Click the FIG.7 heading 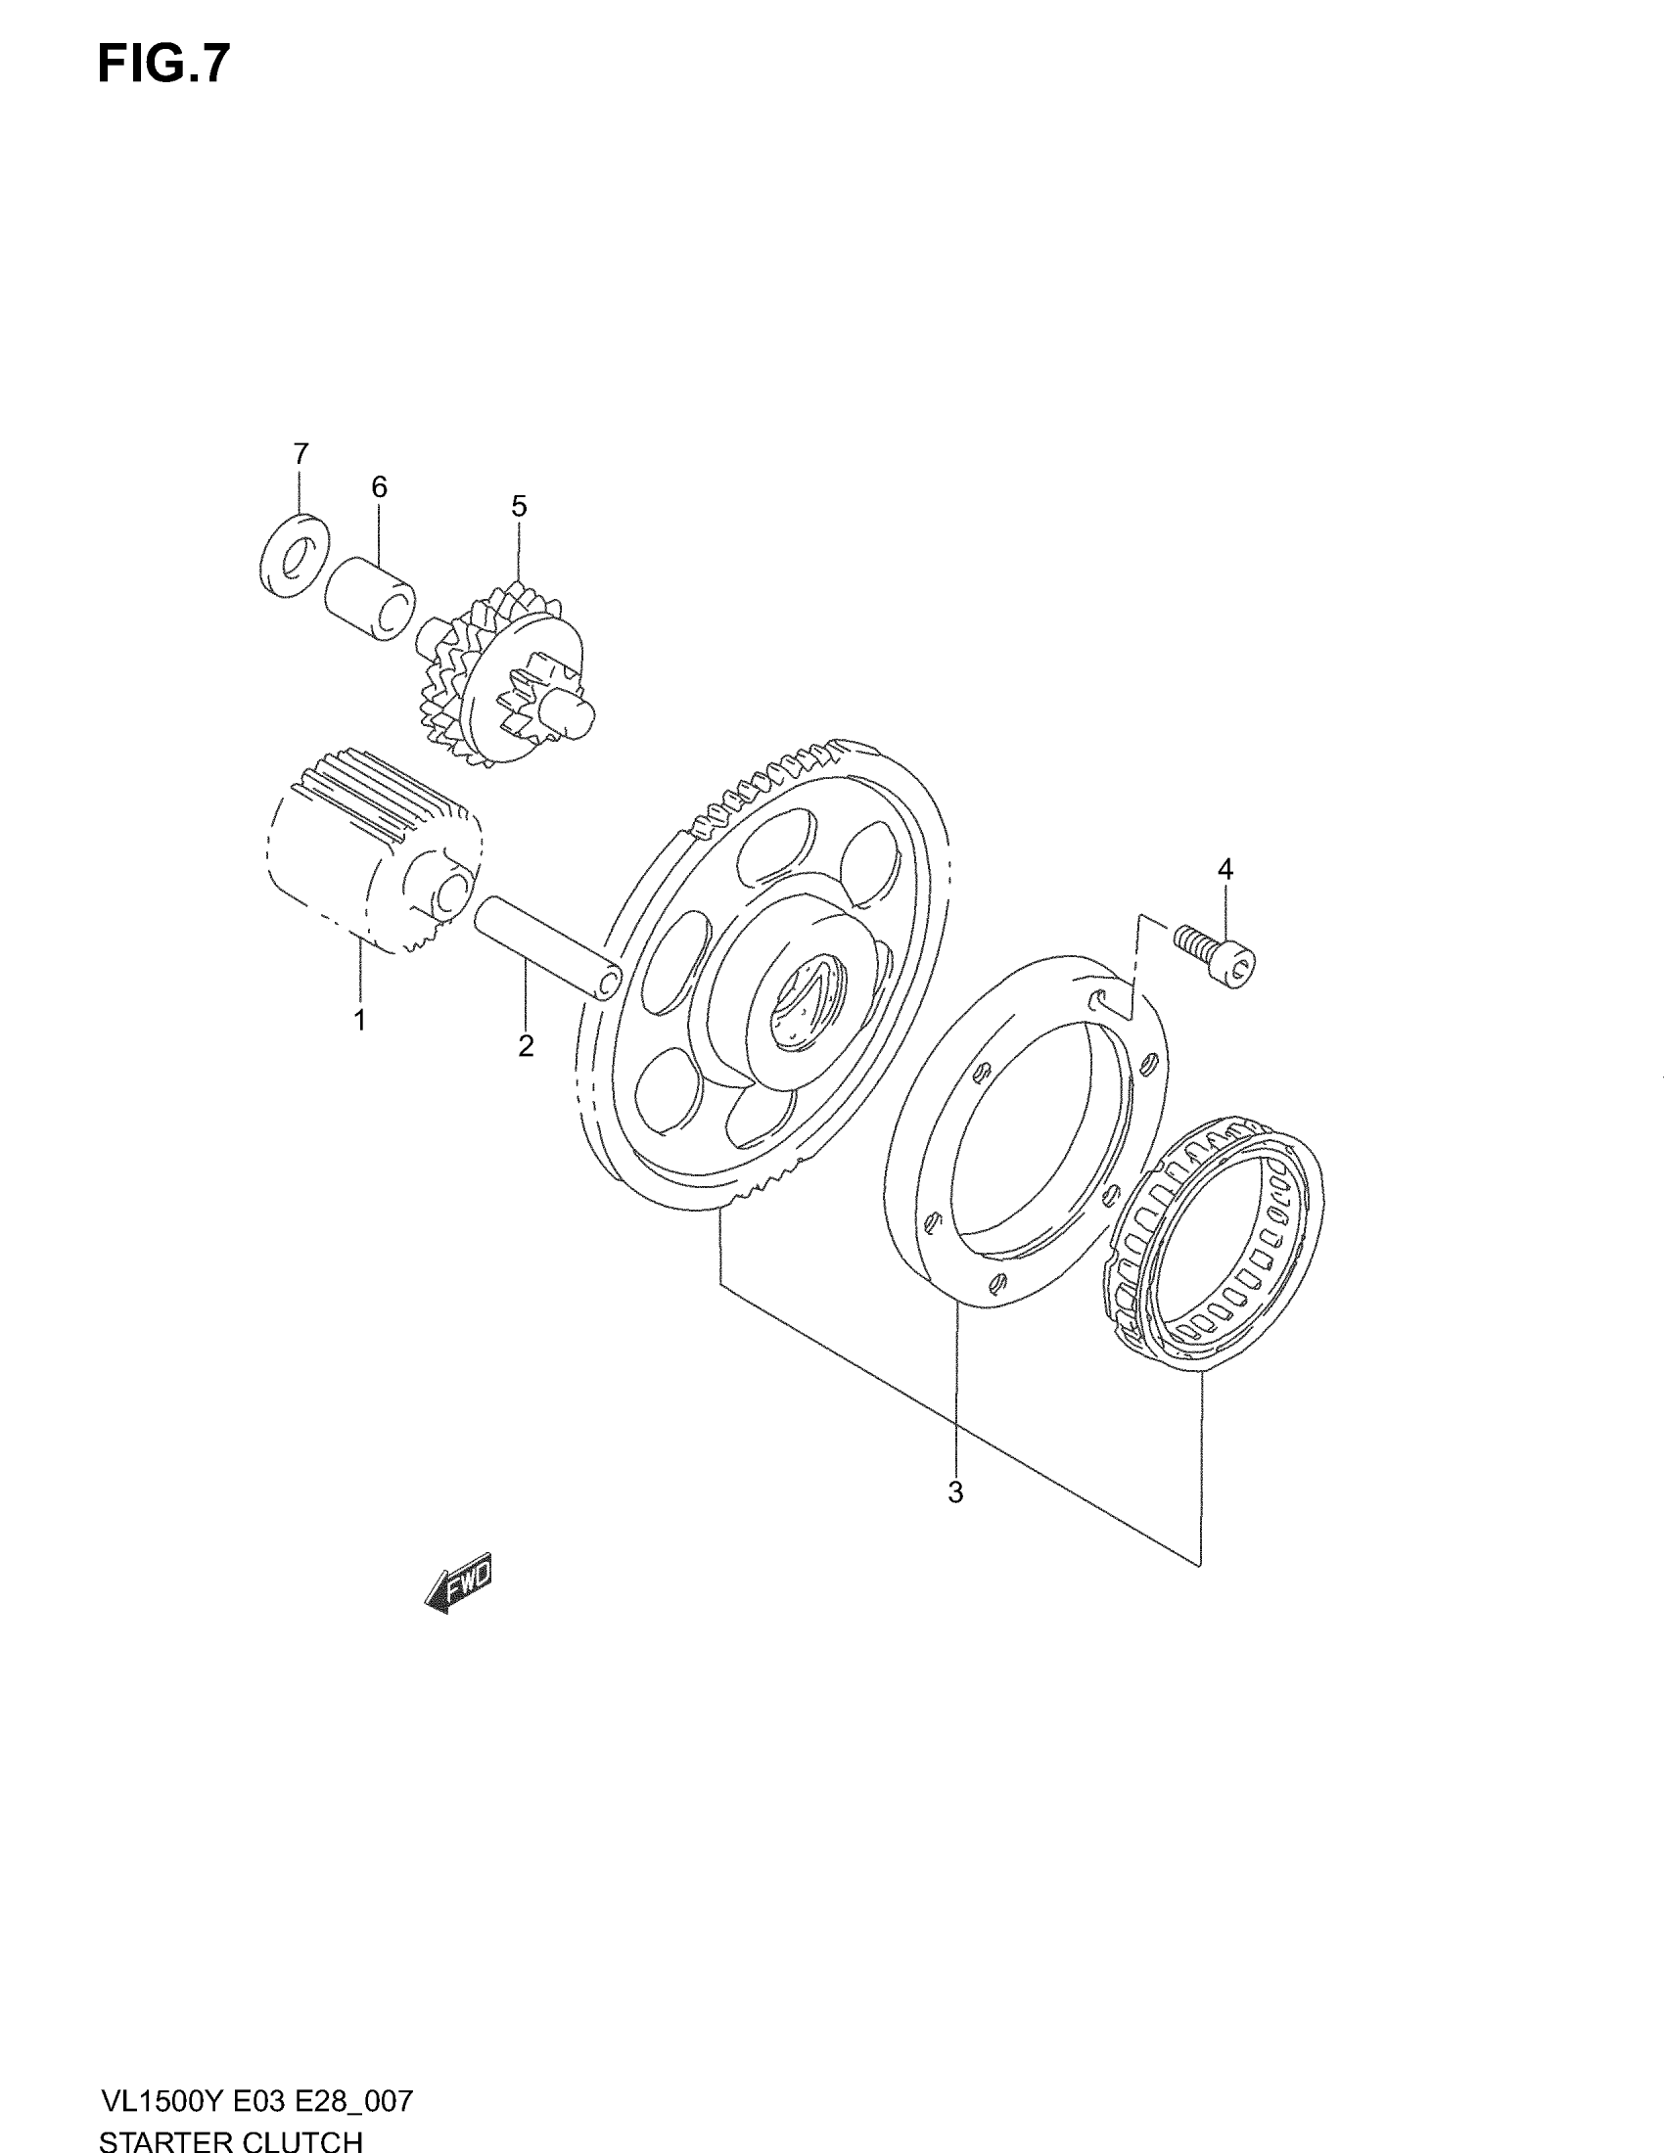(x=163, y=65)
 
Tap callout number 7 (x=300, y=453)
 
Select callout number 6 (x=379, y=487)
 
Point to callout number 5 (x=519, y=507)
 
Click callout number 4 (x=1225, y=869)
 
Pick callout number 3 (x=954, y=1492)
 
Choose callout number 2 (x=526, y=1046)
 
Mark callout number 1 (x=360, y=1021)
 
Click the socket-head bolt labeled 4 (x=1216, y=952)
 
